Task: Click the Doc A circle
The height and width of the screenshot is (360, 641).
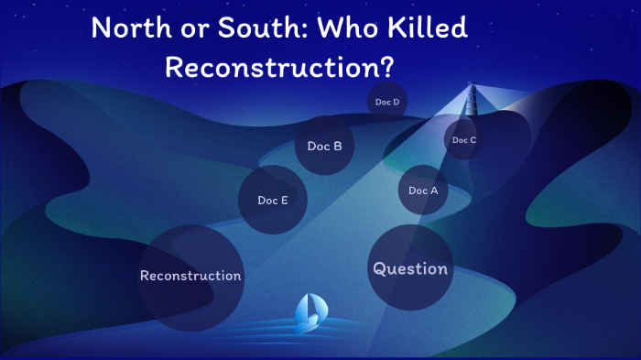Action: click(423, 191)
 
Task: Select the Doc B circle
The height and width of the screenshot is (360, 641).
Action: click(324, 145)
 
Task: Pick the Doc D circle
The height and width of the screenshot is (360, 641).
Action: click(387, 102)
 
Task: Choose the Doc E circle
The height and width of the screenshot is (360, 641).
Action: click(273, 200)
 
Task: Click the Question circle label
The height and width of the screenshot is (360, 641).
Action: click(409, 268)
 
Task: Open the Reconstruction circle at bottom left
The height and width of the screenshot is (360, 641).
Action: click(190, 276)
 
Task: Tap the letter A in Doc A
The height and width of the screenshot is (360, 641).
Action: click(435, 191)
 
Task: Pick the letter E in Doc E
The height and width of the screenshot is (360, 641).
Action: click(285, 200)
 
